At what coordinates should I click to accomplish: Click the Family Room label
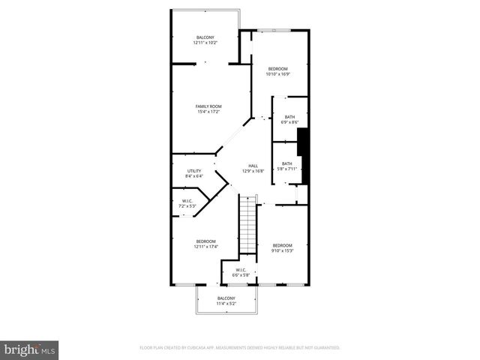[208, 106]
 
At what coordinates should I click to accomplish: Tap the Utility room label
[194, 171]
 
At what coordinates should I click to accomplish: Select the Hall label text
[253, 166]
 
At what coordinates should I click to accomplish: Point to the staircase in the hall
[248, 225]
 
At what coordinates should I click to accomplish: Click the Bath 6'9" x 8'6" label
[289, 116]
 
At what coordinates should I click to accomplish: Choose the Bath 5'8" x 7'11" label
[286, 163]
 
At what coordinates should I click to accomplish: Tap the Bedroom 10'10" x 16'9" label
[277, 69]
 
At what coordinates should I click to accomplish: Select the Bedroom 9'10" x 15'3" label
[282, 246]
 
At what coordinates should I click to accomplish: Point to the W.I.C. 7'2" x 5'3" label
[187, 201]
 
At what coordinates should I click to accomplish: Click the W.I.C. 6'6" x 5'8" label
[241, 270]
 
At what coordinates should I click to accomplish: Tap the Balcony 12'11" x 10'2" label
[205, 37]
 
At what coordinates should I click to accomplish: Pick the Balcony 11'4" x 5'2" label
[226, 298]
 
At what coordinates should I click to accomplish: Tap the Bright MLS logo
[30, 349]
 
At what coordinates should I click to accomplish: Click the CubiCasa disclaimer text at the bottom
[240, 347]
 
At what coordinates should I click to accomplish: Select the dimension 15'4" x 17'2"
[208, 112]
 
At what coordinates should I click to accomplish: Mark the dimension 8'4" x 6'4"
[194, 176]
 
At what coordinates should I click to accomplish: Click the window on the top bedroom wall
[279, 30]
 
